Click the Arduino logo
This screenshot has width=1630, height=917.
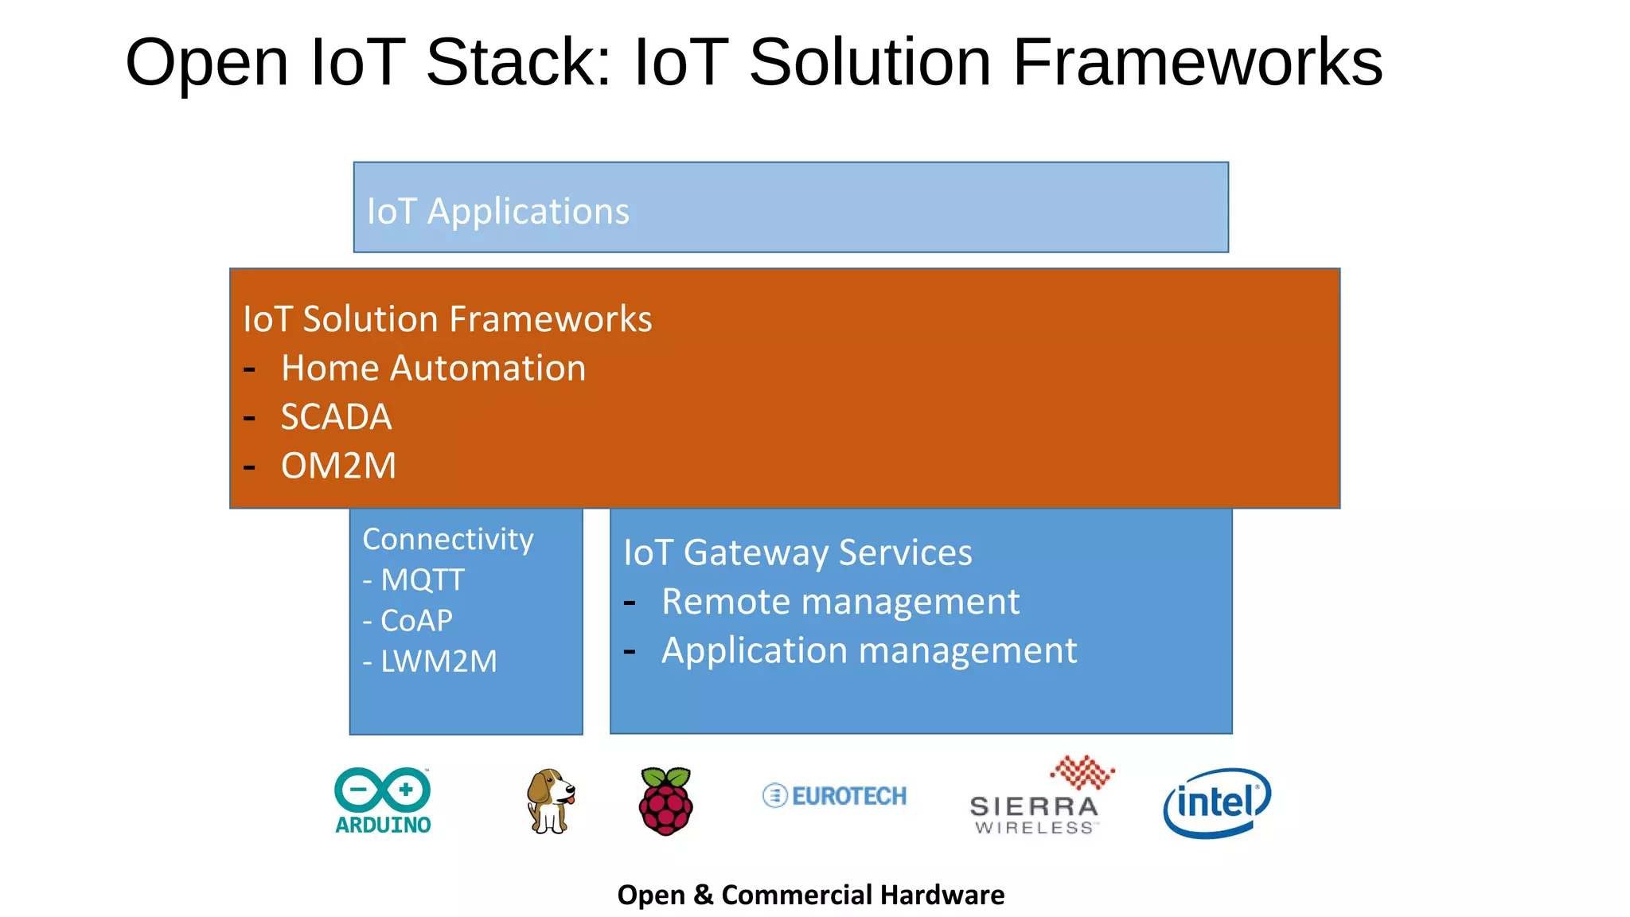383,800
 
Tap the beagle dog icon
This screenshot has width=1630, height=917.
550,801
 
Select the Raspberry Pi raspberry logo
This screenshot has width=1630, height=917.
666,801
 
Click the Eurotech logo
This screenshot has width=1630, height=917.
834,795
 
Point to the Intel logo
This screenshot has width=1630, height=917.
1216,802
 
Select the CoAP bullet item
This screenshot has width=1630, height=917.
415,620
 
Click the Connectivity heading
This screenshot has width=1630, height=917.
447,539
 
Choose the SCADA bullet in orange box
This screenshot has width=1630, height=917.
336,417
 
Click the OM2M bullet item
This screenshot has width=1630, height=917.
338,466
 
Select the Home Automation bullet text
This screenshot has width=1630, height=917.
433,369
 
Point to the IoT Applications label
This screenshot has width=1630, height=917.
497,211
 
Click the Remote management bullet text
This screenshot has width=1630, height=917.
840,602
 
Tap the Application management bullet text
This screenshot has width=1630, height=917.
868,650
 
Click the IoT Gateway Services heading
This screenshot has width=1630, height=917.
797,552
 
